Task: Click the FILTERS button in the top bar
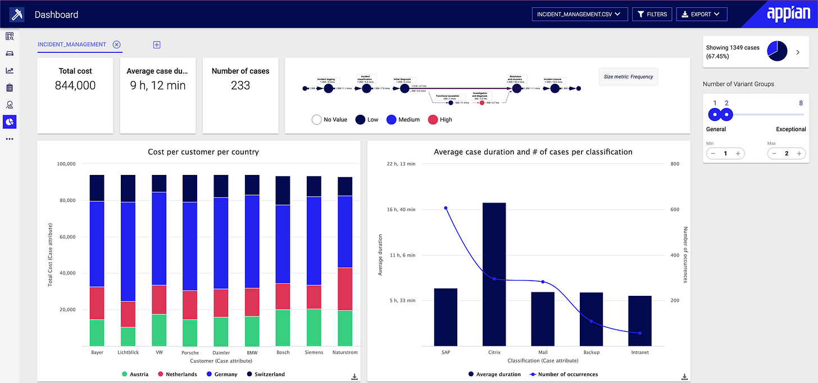652,14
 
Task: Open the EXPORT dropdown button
702,14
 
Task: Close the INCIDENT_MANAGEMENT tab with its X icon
116,44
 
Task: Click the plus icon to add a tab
157,44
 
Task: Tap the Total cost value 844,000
75,85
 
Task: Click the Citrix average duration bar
494,274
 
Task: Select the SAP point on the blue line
446,208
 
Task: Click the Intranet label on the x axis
639,353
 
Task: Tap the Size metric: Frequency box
628,76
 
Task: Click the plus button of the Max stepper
798,154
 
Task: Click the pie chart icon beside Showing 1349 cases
777,52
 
